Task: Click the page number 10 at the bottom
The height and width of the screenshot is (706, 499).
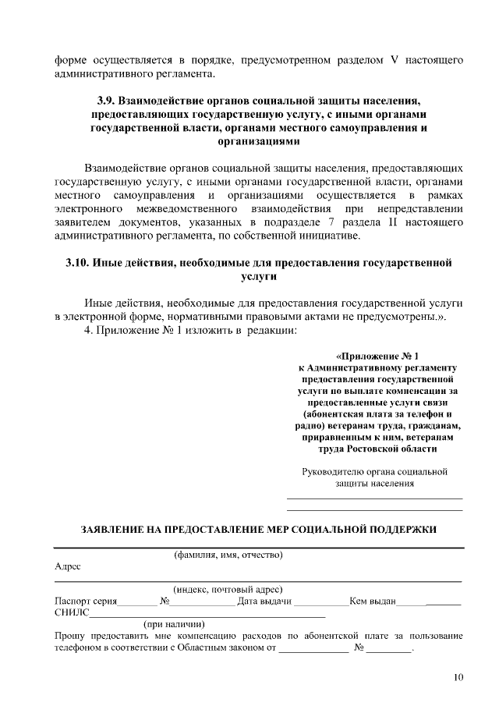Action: [x=458, y=676]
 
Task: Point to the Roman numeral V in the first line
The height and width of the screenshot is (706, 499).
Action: [x=394, y=59]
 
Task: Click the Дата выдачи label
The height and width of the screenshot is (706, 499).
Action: [x=264, y=601]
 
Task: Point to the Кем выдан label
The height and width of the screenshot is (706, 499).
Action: [x=373, y=601]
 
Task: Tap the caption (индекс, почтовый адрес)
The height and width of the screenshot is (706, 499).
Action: [x=227, y=590]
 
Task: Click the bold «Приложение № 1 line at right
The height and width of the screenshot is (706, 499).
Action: [x=377, y=355]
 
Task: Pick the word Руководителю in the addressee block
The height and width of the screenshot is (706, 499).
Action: [x=334, y=471]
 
